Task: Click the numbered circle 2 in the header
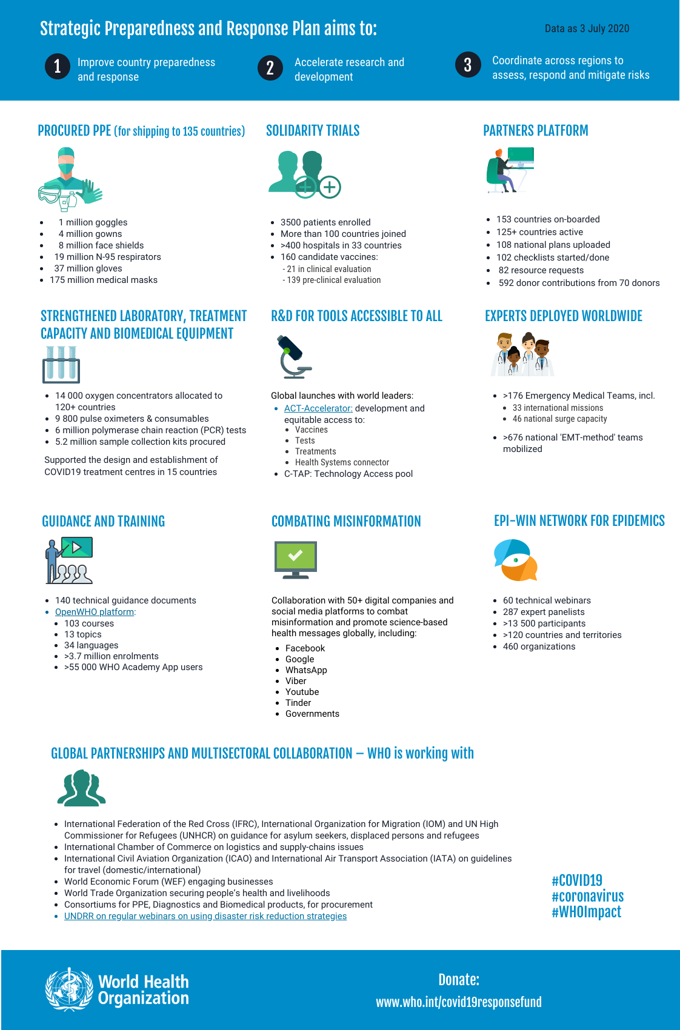(x=270, y=68)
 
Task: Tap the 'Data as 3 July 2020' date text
(x=587, y=28)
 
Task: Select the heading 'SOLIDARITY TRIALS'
(x=313, y=131)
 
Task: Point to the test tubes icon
(x=61, y=364)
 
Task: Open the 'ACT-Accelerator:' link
(x=318, y=408)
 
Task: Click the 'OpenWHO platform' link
(x=95, y=612)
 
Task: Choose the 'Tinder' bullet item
(x=298, y=703)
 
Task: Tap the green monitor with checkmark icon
(x=296, y=559)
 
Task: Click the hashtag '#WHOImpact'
(x=586, y=912)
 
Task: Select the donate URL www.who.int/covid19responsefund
(x=459, y=1002)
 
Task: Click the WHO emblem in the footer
(x=70, y=989)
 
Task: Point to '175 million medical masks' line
(x=104, y=280)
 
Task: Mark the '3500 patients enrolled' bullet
(x=325, y=222)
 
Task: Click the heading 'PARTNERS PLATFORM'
(x=536, y=131)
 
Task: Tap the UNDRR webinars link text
(x=205, y=916)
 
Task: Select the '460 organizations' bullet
(x=539, y=646)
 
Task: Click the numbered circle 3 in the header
(x=468, y=65)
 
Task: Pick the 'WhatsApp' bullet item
(x=306, y=670)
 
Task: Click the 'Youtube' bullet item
(x=302, y=692)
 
